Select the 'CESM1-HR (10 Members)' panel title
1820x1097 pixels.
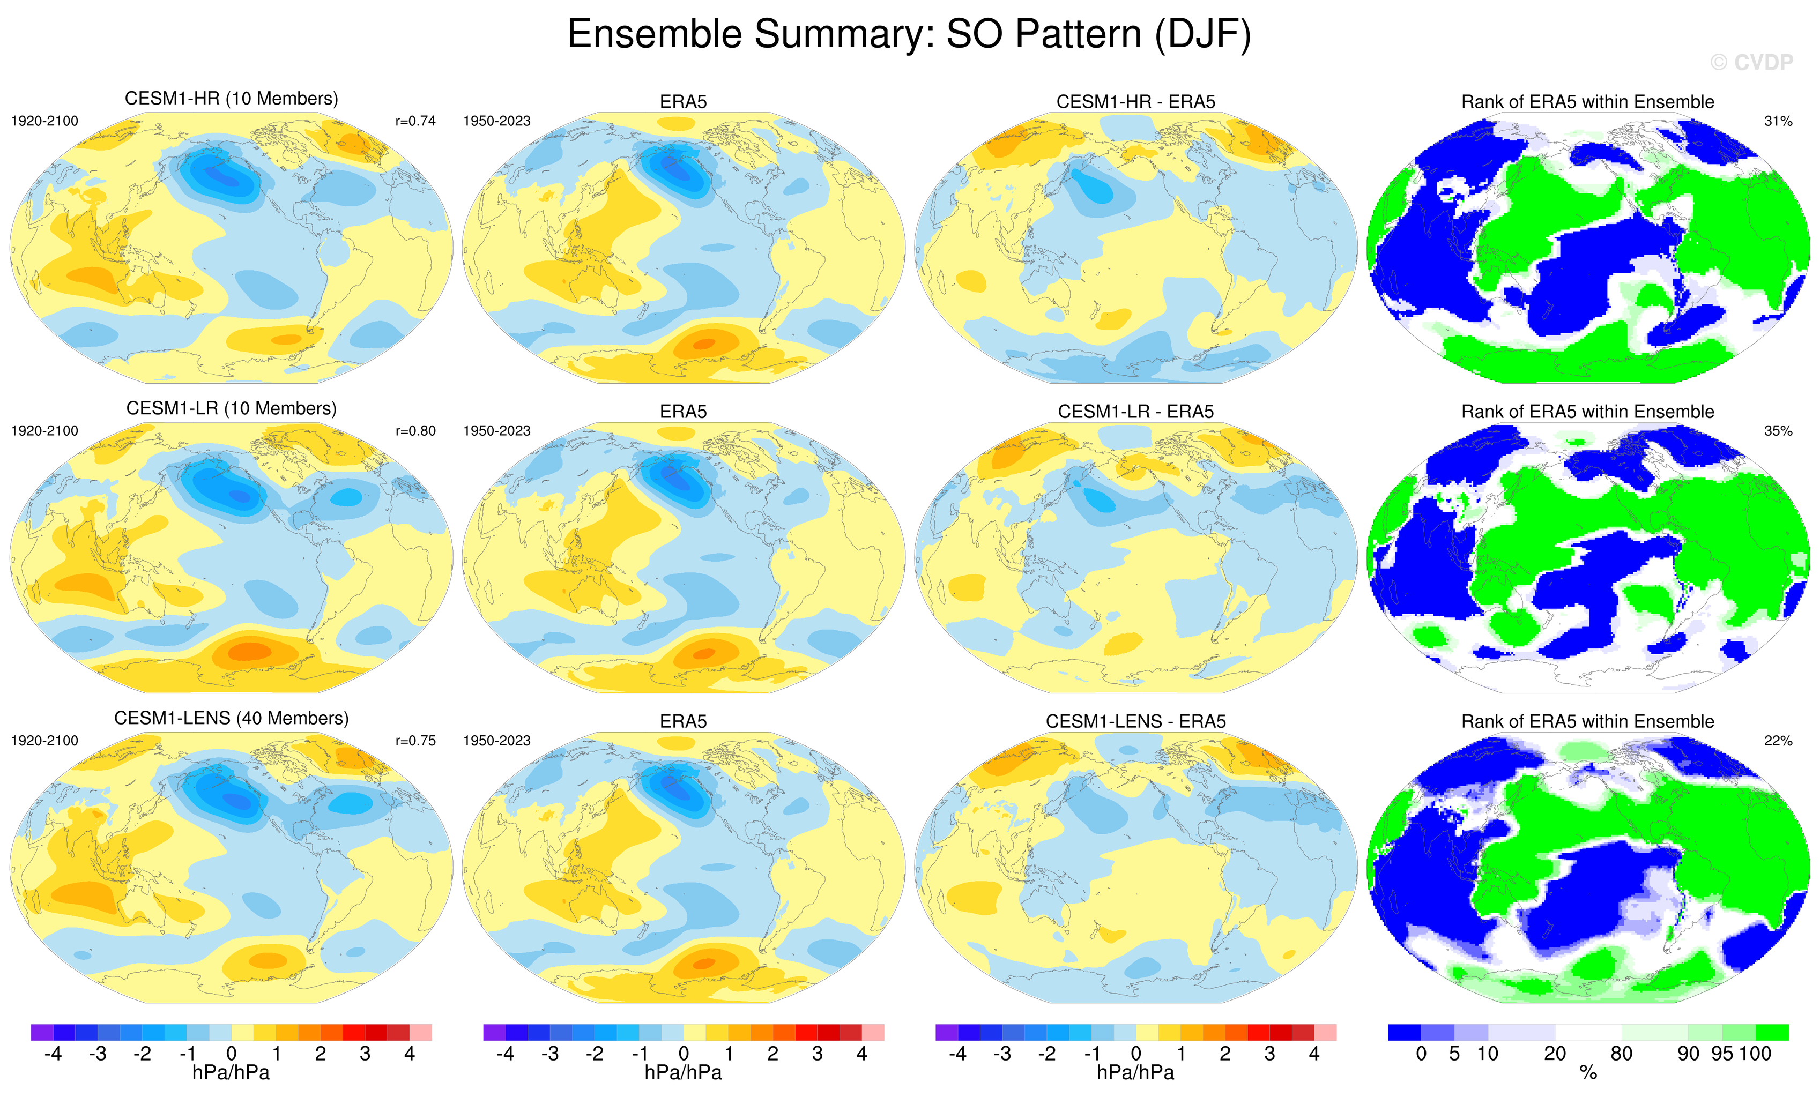click(x=231, y=99)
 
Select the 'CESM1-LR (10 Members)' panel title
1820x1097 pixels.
click(x=231, y=409)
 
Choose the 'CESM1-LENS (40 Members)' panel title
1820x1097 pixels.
click(x=231, y=718)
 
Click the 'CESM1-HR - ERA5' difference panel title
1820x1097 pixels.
click(x=1135, y=102)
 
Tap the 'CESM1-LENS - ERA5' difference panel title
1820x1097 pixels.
click(x=1135, y=721)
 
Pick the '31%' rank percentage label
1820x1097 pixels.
click(x=1778, y=121)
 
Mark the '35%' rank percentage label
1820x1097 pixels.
click(x=1778, y=431)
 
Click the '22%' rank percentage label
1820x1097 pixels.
click(x=1778, y=741)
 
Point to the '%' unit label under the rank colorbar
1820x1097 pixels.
click(x=1588, y=1073)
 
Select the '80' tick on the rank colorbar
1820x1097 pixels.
click(x=1621, y=1054)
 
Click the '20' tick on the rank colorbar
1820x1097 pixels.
click(x=1555, y=1054)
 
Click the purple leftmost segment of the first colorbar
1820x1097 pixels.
click(x=42, y=1032)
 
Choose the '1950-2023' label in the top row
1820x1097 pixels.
click(x=496, y=121)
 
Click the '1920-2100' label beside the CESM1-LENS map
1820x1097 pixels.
click(x=44, y=741)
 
